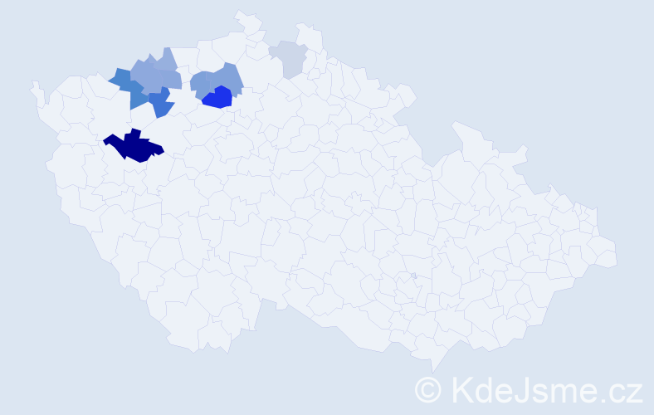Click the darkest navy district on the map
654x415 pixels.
[133, 147]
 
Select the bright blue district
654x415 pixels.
[217, 98]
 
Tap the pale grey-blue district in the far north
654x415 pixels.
[290, 58]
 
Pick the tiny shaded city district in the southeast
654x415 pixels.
[413, 276]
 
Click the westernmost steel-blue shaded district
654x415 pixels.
[121, 79]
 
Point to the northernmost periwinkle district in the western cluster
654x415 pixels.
[166, 60]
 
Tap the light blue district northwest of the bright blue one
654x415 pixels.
[203, 84]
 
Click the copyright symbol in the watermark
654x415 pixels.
[429, 389]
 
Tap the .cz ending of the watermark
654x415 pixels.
[622, 390]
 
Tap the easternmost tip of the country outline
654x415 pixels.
[617, 254]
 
